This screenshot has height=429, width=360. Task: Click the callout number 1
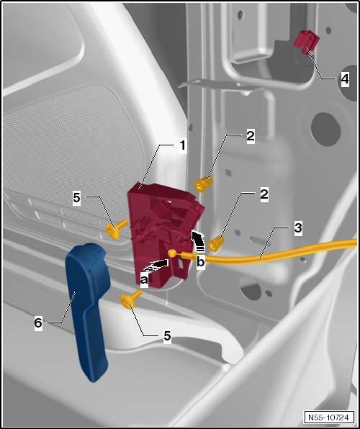click(x=182, y=146)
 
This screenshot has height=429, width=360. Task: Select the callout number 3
click(x=298, y=227)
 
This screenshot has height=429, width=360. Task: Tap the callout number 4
click(x=345, y=78)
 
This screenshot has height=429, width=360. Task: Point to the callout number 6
click(x=38, y=323)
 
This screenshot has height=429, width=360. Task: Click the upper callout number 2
click(x=251, y=136)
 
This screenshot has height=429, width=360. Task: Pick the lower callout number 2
click(x=264, y=194)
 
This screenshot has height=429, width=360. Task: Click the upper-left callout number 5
click(x=76, y=197)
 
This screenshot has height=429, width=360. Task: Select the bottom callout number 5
click(x=167, y=335)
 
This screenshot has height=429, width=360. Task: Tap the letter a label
click(x=144, y=280)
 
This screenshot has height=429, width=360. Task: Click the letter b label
click(x=201, y=262)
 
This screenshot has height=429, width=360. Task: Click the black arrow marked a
click(x=156, y=265)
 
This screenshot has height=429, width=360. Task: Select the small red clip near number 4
click(x=306, y=42)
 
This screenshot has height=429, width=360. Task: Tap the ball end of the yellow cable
click(x=172, y=253)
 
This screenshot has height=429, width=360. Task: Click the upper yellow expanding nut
click(x=203, y=184)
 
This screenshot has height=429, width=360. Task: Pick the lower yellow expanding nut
click(x=216, y=243)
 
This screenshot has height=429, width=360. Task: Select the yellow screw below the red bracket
click(x=130, y=299)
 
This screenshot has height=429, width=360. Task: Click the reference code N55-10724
click(x=328, y=417)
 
